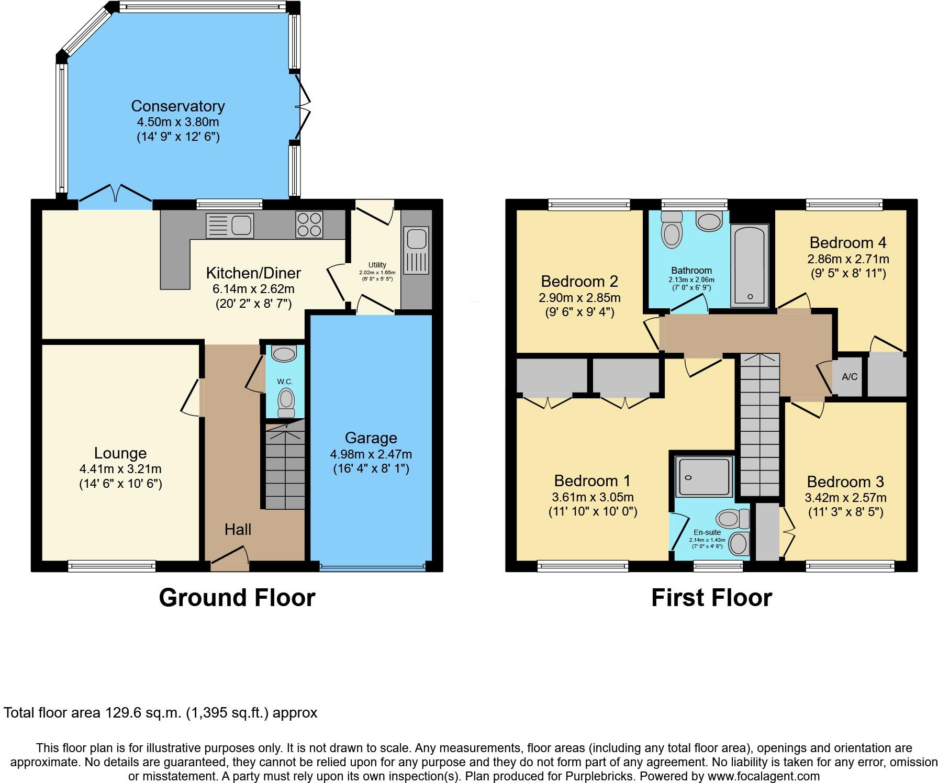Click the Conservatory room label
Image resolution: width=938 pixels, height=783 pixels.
pyautogui.click(x=178, y=106)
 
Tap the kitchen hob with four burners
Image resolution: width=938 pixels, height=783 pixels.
pyautogui.click(x=309, y=225)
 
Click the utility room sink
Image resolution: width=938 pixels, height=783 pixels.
pyautogui.click(x=417, y=239)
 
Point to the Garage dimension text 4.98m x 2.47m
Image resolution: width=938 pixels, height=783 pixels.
pyautogui.click(x=371, y=454)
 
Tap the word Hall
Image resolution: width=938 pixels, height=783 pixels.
pyautogui.click(x=238, y=530)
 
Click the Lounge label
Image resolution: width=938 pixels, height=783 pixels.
pyautogui.click(x=120, y=453)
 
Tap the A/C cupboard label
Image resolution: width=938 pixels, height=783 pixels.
pyautogui.click(x=850, y=377)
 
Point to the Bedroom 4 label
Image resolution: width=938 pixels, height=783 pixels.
pyautogui.click(x=848, y=243)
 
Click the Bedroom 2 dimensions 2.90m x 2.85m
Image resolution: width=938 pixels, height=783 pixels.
pyautogui.click(x=579, y=298)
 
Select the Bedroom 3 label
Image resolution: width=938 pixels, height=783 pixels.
pyautogui.click(x=845, y=482)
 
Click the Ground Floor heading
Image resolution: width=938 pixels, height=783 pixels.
pyautogui.click(x=237, y=598)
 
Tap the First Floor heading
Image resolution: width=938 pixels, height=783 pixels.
pyautogui.click(x=711, y=598)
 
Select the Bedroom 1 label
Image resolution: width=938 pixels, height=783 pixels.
pyautogui.click(x=593, y=480)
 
